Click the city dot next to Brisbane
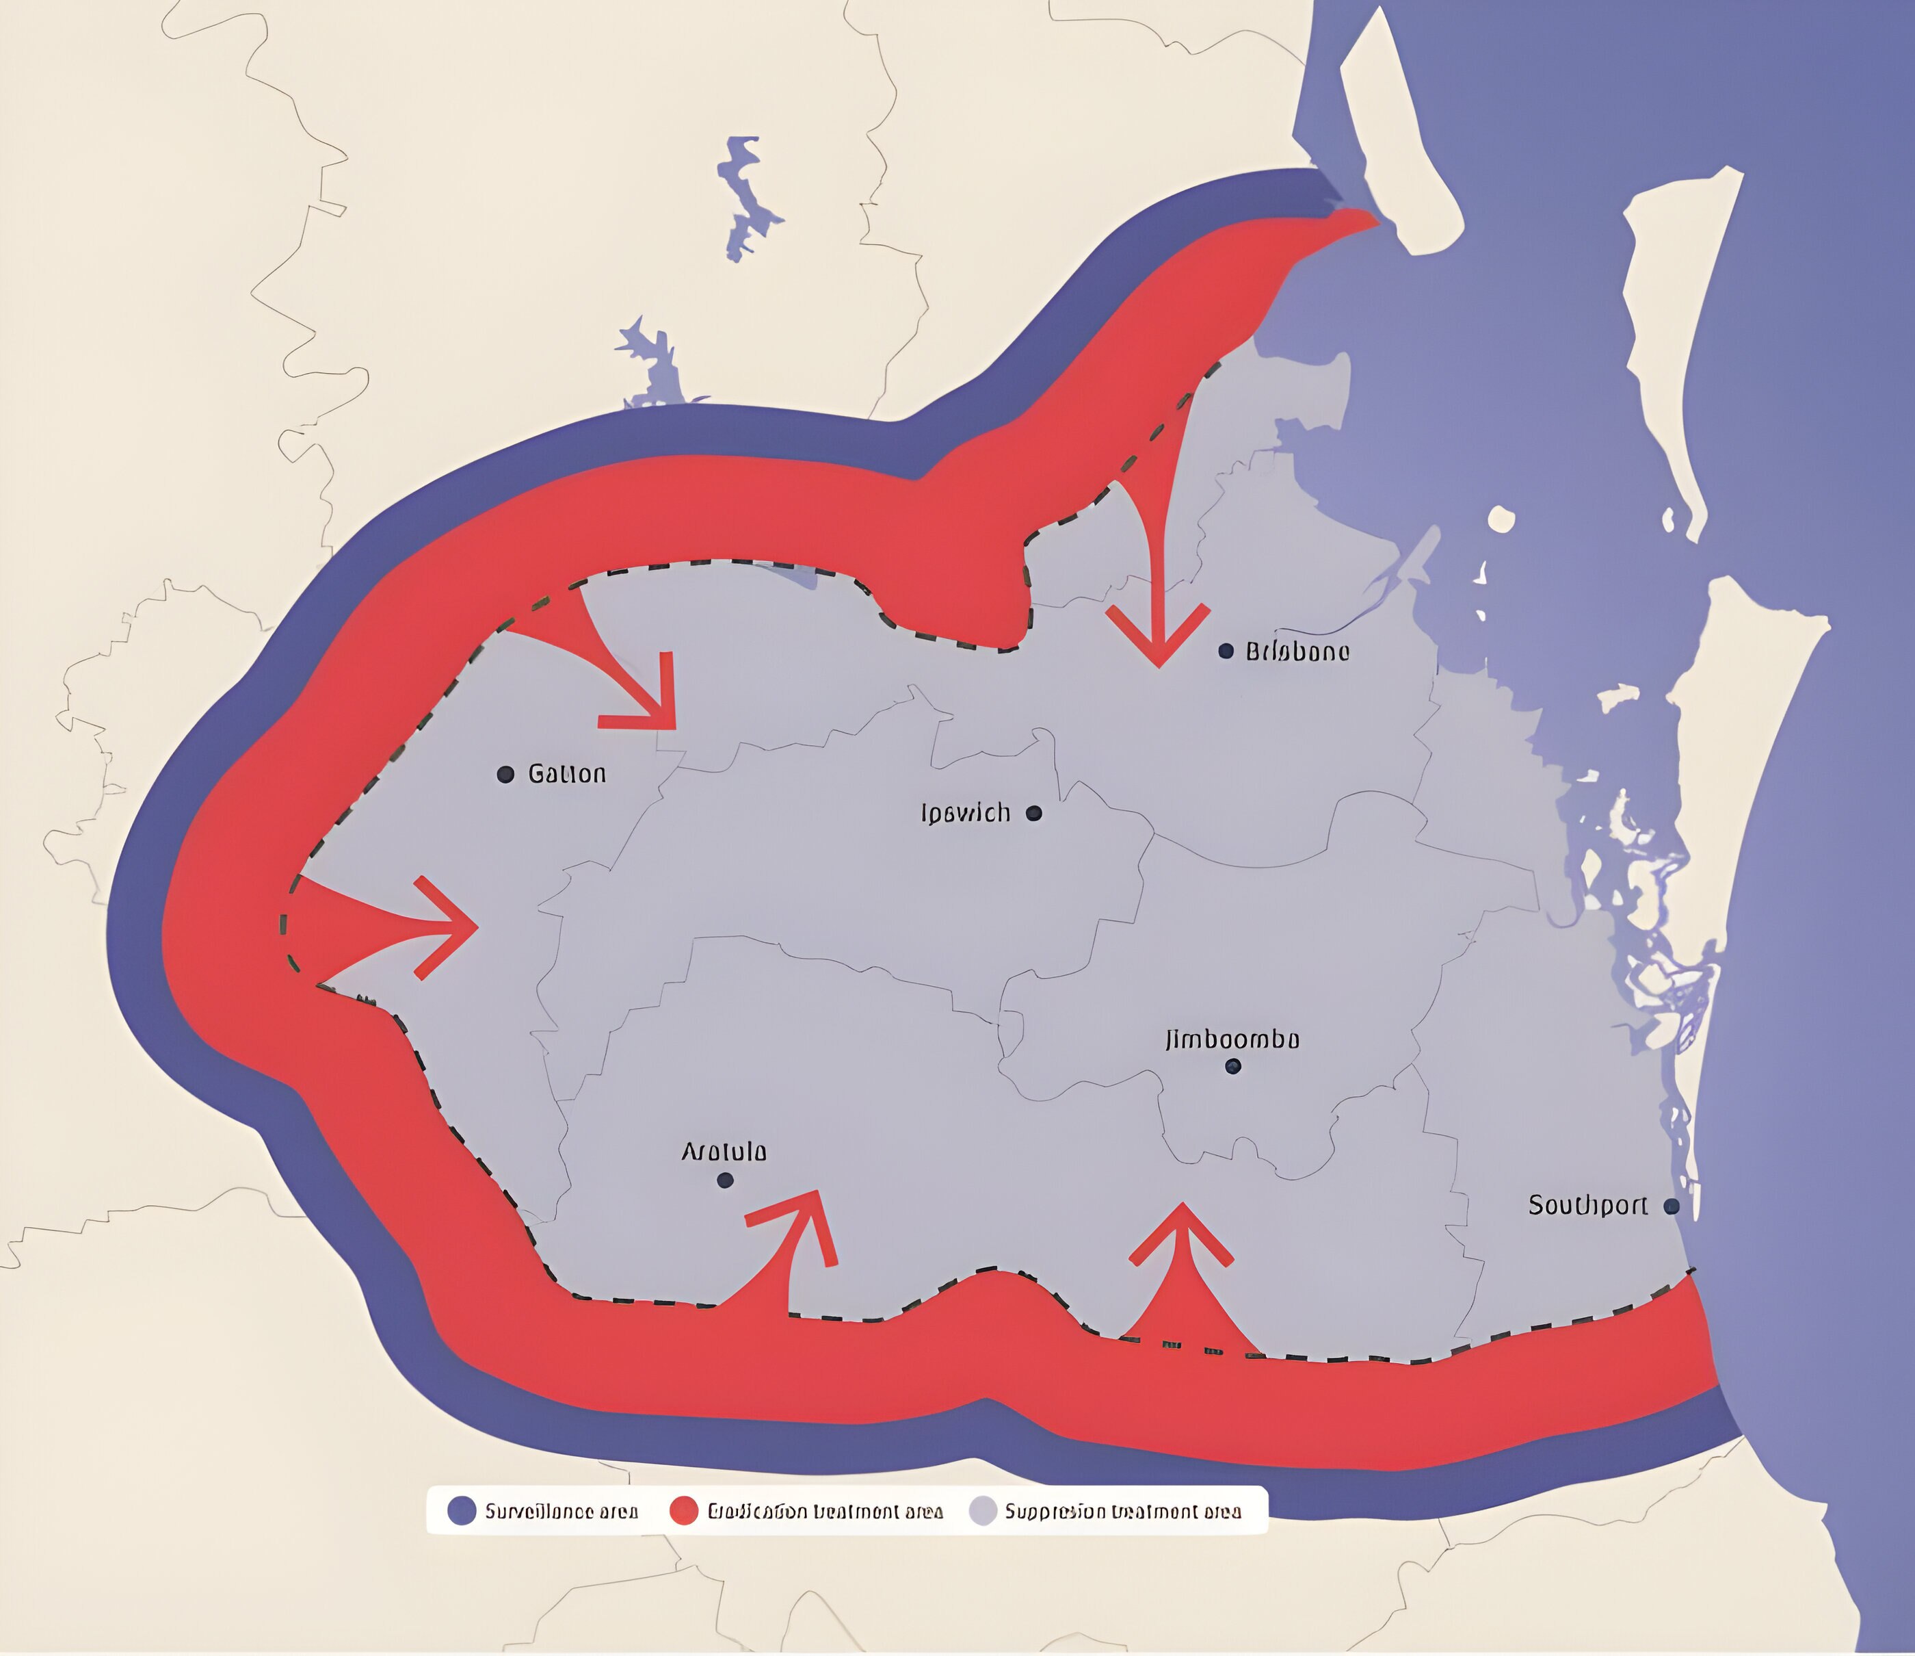(1226, 651)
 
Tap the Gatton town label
(566, 773)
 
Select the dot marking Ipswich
(1034, 813)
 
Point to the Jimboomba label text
(1232, 1039)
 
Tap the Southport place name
(1587, 1206)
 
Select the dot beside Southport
(1671, 1206)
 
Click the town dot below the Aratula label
(724, 1180)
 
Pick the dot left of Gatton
(505, 774)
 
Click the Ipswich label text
(966, 813)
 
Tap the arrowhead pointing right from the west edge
(453, 927)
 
